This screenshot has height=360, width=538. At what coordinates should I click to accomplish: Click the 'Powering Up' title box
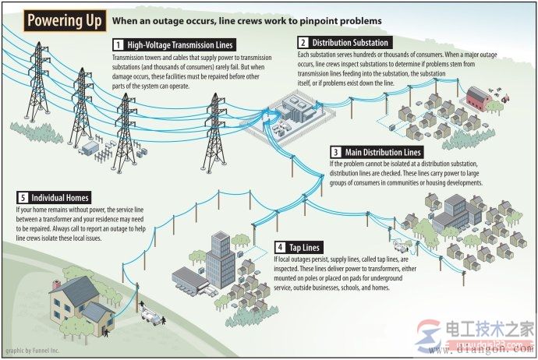click(x=65, y=20)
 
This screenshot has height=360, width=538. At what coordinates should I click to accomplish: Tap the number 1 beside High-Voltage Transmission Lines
click(x=119, y=45)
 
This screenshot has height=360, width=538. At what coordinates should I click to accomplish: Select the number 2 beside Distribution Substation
click(x=303, y=43)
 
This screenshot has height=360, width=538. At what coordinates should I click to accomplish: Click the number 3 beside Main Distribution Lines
click(x=336, y=152)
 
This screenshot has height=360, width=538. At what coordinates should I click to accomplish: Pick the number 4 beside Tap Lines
click(x=281, y=247)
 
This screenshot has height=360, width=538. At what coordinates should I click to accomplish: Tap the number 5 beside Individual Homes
click(x=23, y=198)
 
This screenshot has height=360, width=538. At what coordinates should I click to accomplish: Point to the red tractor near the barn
click(x=505, y=99)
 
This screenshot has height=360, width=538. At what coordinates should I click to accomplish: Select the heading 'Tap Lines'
click(x=304, y=247)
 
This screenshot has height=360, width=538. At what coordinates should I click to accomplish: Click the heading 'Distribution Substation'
click(x=350, y=43)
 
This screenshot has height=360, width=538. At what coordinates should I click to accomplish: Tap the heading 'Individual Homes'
click(x=60, y=198)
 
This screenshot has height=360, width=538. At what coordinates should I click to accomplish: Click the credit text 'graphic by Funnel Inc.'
click(x=33, y=351)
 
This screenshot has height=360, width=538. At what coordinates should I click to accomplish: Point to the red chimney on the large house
click(x=57, y=284)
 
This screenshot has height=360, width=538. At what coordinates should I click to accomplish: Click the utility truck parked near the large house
click(x=152, y=316)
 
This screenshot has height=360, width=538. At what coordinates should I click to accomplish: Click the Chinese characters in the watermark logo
click(x=490, y=330)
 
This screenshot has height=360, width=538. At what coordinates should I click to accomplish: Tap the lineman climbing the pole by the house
click(x=142, y=305)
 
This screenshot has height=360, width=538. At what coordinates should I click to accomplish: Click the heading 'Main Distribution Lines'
click(x=383, y=152)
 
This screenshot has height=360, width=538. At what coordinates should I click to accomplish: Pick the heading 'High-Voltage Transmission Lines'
click(x=180, y=45)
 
